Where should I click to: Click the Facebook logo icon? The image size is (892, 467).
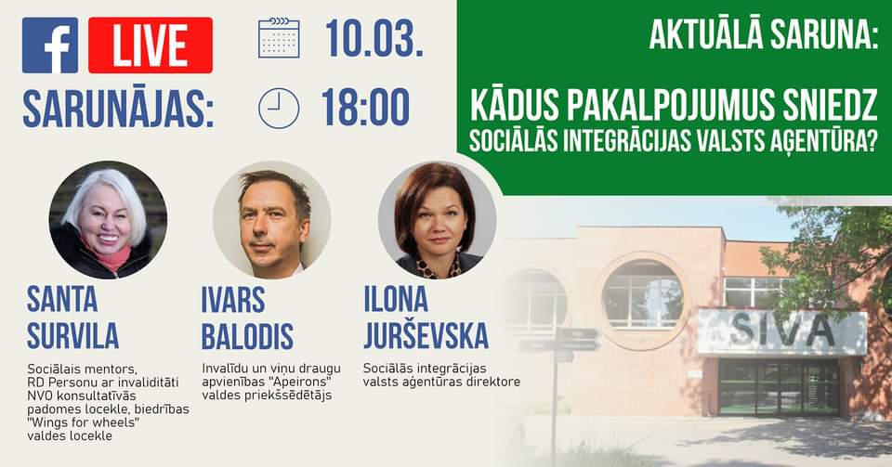(50, 45)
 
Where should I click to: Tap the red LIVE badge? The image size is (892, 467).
(151, 45)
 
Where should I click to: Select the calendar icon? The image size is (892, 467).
(279, 38)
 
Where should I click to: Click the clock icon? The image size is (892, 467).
(279, 109)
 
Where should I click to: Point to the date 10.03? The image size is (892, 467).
(374, 38)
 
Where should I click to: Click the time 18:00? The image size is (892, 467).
(365, 108)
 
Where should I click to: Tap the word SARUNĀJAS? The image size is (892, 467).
(118, 109)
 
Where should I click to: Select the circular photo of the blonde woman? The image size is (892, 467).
(108, 220)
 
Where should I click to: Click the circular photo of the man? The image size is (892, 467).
(272, 220)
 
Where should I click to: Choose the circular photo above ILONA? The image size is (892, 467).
(437, 220)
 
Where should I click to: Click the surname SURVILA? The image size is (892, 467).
(72, 336)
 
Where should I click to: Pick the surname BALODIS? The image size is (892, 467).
(247, 336)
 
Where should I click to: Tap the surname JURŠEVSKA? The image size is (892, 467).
(426, 336)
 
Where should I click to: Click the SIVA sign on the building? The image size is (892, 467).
(782, 331)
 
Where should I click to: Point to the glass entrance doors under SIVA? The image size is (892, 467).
(780, 388)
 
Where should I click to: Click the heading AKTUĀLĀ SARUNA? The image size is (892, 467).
(764, 35)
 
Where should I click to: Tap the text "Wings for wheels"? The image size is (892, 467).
(83, 422)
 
